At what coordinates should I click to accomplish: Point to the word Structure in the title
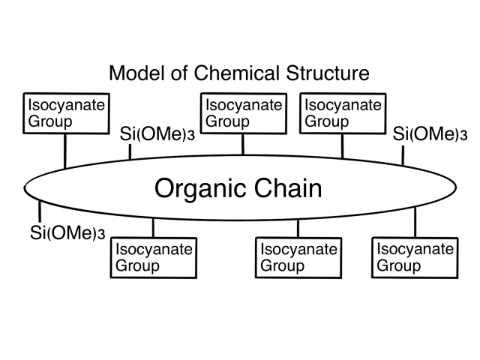click(x=325, y=73)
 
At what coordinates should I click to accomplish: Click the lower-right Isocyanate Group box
click(x=415, y=257)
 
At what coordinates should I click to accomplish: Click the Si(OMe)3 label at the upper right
click(x=430, y=135)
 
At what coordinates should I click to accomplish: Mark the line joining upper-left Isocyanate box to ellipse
click(x=65, y=150)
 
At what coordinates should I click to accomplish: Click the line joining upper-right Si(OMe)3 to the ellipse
click(x=402, y=155)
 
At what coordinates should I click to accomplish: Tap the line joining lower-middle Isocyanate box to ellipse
click(x=298, y=229)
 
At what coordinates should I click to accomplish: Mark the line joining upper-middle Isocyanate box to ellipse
click(x=243, y=143)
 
